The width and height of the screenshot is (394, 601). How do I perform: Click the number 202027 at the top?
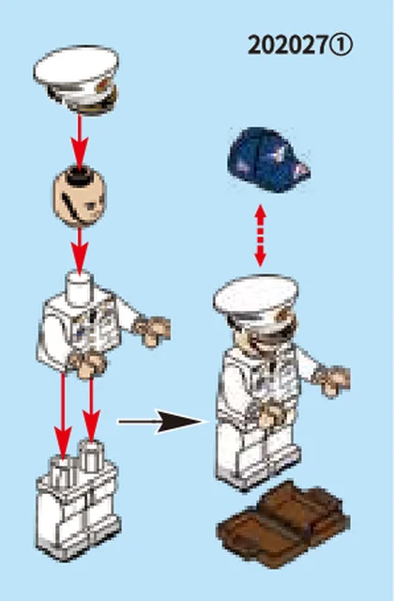288,45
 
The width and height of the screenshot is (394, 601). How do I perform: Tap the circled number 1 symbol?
341,45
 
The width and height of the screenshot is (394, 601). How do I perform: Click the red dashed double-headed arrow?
261,236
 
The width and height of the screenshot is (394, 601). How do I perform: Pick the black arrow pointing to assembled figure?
162,422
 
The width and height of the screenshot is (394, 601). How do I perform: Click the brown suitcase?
283,524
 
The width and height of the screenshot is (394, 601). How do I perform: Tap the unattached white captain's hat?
77,80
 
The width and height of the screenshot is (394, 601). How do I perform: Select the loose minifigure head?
79,196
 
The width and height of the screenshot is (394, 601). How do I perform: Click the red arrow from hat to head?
80,142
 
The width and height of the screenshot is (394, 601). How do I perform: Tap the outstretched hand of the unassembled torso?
152,330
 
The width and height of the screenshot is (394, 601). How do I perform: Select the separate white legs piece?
78,501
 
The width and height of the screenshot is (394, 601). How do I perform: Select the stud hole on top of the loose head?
79,177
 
